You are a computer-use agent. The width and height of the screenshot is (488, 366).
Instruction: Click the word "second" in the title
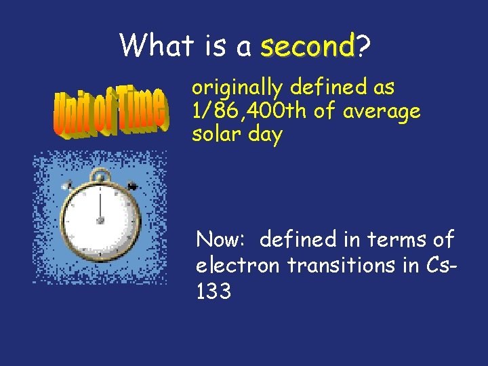[308, 47]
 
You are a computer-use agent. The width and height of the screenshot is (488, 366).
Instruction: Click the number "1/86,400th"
[250, 111]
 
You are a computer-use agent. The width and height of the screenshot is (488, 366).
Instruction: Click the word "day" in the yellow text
[265, 135]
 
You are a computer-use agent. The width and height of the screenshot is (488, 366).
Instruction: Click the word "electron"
[237, 265]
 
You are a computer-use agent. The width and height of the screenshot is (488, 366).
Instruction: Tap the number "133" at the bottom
[213, 291]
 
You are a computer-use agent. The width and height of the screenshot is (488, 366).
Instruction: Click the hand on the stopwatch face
[100, 207]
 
